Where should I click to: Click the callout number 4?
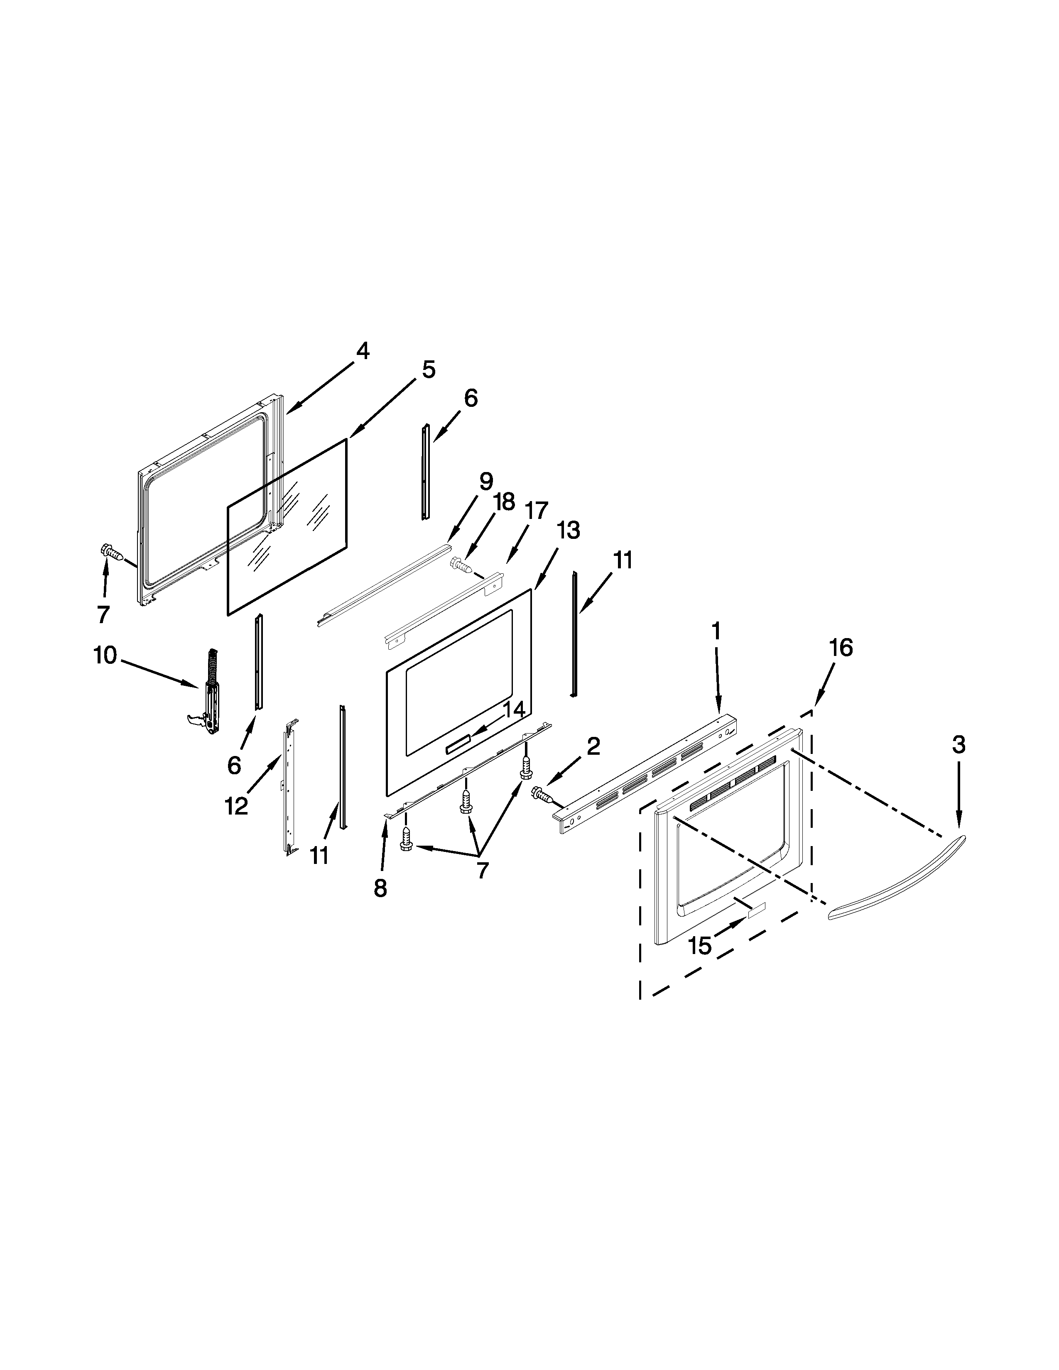[x=363, y=351]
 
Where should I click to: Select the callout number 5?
[x=429, y=370]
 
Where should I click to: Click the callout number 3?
[x=958, y=745]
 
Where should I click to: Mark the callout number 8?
[x=380, y=889]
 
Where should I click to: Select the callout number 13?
[x=569, y=531]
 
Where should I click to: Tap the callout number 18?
[x=504, y=502]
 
